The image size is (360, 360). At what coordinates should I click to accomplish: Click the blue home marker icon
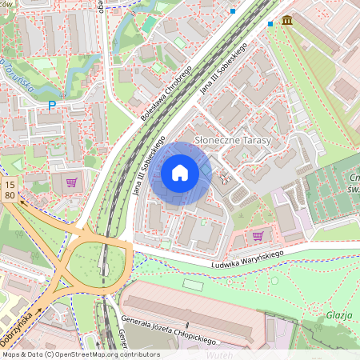tap(180, 173)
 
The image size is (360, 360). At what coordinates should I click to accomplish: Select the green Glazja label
tap(338, 315)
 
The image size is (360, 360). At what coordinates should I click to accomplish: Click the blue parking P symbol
tap(52, 105)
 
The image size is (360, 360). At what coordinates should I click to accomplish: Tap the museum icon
tap(286, 20)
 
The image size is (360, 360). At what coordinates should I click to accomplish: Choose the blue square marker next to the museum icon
tap(270, 24)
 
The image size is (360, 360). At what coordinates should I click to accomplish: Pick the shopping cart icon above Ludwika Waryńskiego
tap(258, 236)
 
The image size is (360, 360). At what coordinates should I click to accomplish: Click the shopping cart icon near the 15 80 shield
tap(72, 182)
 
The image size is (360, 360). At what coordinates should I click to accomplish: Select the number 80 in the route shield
tap(9, 194)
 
